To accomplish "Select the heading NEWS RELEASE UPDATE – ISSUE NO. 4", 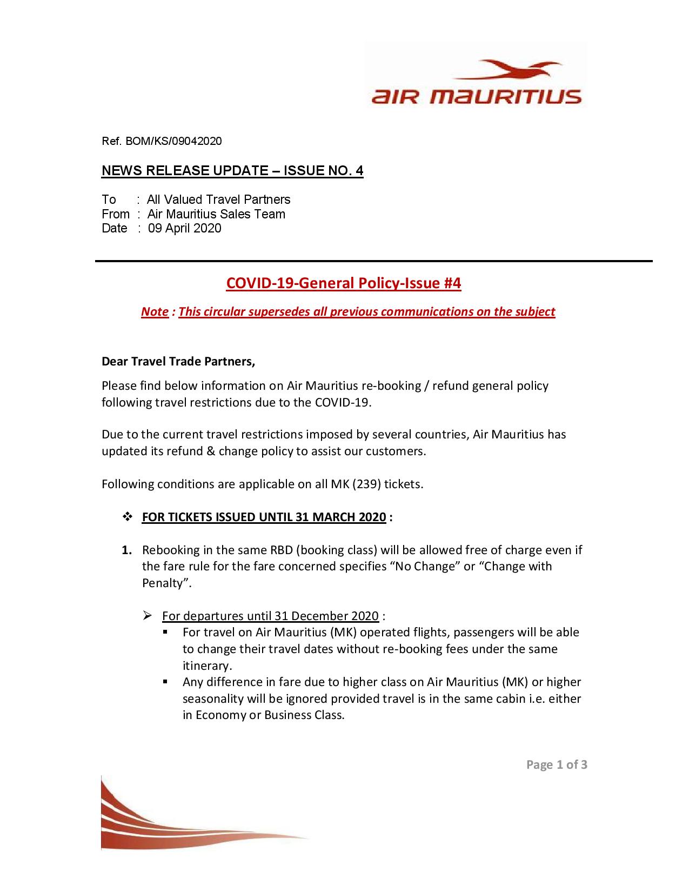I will [232, 171].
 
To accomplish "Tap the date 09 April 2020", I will [185, 228].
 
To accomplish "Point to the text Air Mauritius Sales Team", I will [216, 214].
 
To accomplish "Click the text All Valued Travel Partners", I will [219, 199].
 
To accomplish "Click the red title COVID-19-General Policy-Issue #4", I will [343, 283].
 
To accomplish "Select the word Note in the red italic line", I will [155, 312].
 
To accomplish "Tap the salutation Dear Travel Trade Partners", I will [178, 362].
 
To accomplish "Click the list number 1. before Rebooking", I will [126, 550].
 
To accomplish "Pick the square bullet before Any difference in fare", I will [166, 682].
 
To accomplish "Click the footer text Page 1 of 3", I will [557, 764].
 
